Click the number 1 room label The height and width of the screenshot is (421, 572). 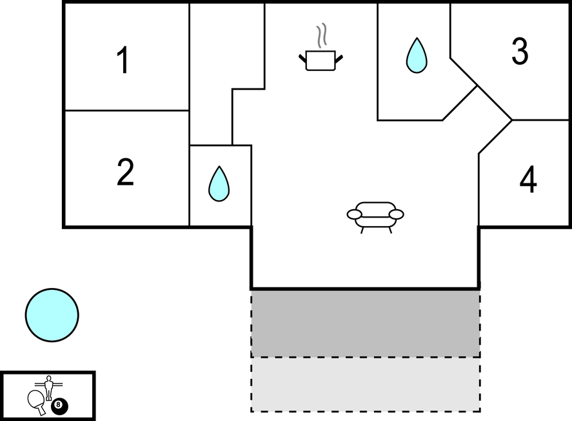tap(123, 61)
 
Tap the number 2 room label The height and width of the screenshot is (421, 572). tap(125, 173)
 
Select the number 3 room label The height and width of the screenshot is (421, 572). tap(520, 52)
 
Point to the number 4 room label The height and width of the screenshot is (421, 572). tap(528, 181)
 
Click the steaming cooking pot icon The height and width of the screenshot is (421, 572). tap(321, 60)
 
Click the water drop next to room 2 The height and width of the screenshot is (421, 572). tap(219, 184)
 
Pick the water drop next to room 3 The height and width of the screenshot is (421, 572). tap(416, 56)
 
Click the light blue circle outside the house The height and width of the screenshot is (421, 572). tap(52, 315)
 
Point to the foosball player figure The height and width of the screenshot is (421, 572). tap(48, 387)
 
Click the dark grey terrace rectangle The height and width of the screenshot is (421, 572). tap(365, 323)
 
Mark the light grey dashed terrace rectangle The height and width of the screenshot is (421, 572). tap(365, 384)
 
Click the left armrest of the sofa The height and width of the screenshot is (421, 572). tap(354, 213)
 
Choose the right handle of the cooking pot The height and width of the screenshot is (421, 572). tap(339, 59)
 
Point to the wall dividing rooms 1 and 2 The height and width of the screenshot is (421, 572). tap(126, 110)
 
